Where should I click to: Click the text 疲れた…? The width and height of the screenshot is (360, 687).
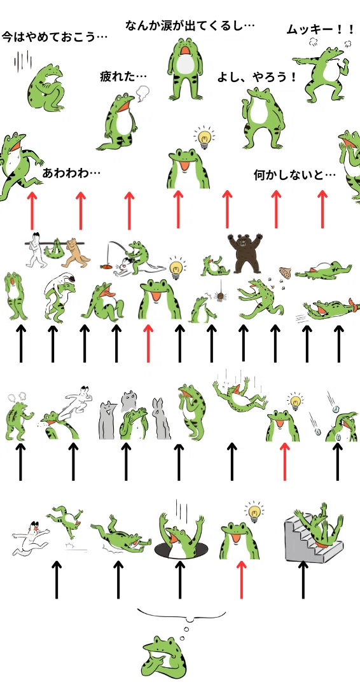coord(123,77)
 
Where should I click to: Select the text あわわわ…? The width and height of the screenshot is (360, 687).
coord(71,173)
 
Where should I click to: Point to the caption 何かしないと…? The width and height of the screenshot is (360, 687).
coord(294,176)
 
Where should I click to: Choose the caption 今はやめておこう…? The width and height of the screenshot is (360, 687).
coord(55,36)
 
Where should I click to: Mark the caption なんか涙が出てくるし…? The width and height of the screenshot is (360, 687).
coord(190,25)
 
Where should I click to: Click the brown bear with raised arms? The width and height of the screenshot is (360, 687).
coord(246,253)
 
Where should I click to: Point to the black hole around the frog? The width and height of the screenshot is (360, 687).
coord(179,549)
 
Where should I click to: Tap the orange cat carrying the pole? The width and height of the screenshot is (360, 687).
coord(75,253)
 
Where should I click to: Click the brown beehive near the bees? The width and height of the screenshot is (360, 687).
coord(285,274)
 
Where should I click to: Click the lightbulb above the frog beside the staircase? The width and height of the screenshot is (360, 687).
coord(254,511)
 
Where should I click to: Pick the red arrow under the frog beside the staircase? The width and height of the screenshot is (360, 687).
coord(241,579)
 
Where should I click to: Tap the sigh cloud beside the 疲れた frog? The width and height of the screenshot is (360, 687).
coord(142,93)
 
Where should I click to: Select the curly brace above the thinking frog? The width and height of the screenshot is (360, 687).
coord(182,614)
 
